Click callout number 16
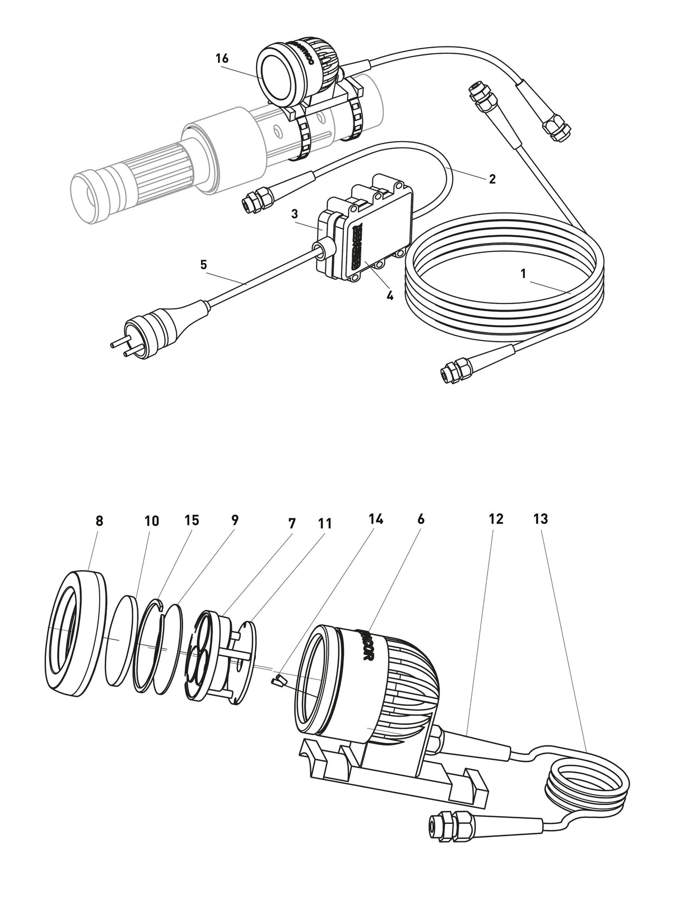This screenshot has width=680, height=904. point(222,58)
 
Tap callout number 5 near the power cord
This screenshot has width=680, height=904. point(203,264)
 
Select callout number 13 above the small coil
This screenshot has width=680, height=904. point(541,519)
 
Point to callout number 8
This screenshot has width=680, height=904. point(99,521)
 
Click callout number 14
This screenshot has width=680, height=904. point(375,519)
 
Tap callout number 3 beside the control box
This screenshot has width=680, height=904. point(294,214)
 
